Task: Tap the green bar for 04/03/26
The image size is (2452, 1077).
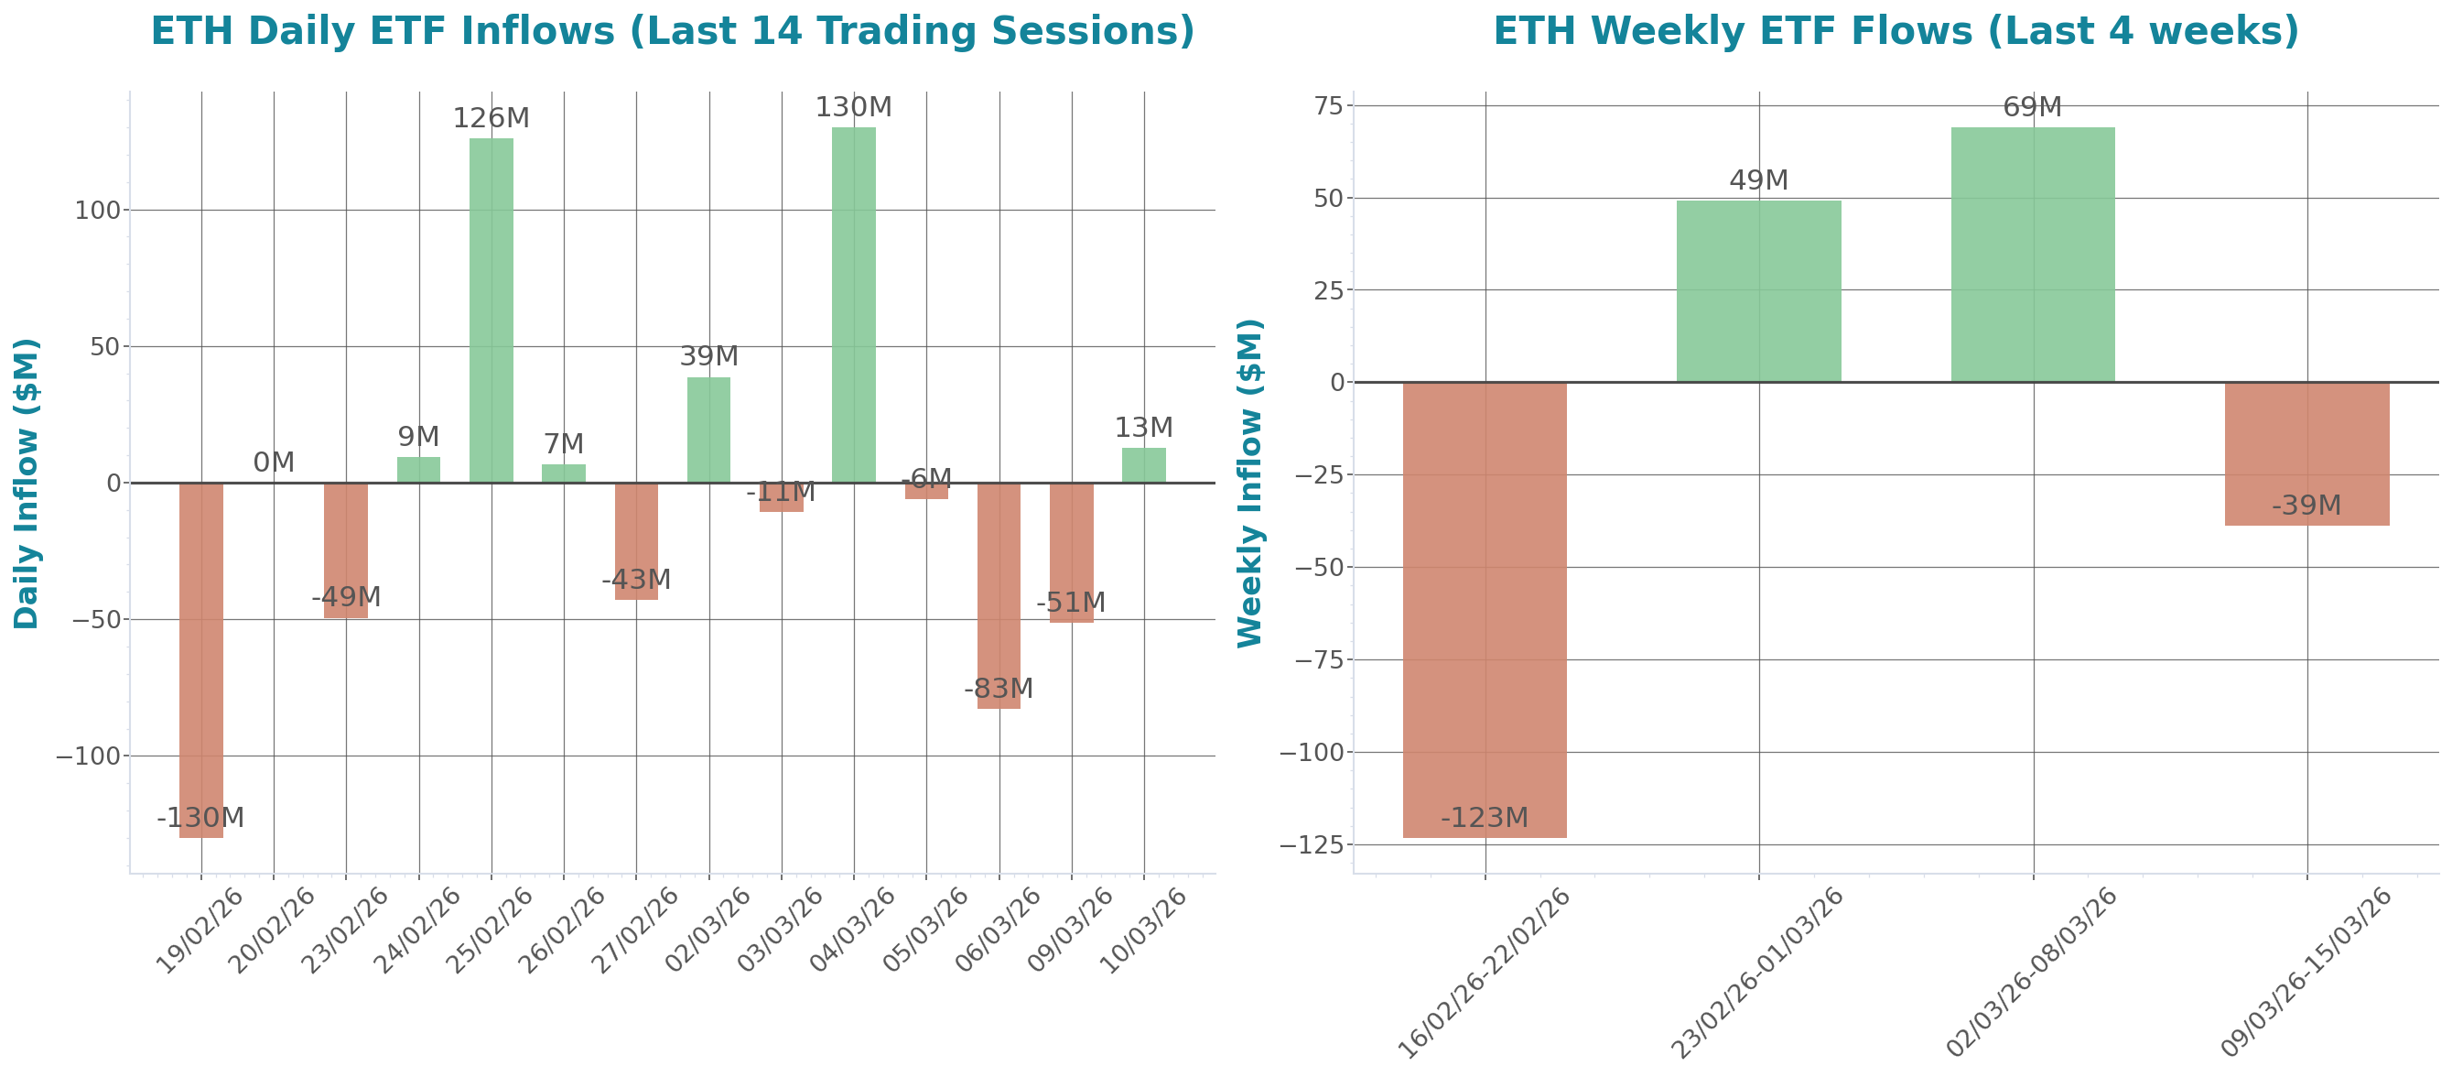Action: (853, 305)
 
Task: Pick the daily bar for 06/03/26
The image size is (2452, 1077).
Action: (999, 595)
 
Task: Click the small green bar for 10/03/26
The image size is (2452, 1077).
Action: (1143, 464)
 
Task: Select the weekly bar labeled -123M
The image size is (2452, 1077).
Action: (1484, 609)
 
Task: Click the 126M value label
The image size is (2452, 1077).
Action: (491, 118)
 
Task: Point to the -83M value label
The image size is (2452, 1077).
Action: (998, 688)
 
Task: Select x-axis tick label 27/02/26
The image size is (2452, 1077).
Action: (636, 930)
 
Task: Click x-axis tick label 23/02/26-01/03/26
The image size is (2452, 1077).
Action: (1757, 973)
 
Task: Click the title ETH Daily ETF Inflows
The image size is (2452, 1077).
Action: (672, 30)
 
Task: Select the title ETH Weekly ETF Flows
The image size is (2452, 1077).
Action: (1896, 30)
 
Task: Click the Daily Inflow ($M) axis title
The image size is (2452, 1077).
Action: (27, 483)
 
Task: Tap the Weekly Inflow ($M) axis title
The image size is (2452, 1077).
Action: (1248, 483)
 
